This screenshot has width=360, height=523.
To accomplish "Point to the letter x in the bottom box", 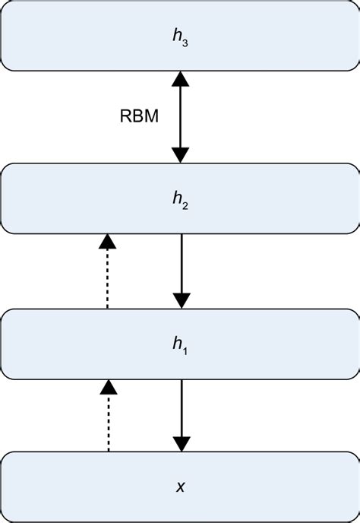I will pos(180,487).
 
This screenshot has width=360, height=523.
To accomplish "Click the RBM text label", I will pos(140,117).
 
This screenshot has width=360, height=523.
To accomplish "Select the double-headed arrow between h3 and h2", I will pos(180,117).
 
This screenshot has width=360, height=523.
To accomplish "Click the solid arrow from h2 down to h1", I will pos(180,270).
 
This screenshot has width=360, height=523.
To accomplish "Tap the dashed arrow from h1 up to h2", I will pos(108,274).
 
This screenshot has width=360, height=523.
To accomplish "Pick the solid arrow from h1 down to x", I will pos(180,415).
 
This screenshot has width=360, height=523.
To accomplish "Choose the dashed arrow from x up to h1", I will pos(108,418).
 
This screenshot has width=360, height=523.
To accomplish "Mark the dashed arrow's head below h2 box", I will pos(108,242).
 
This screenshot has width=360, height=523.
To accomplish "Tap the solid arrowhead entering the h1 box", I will pos(180,300).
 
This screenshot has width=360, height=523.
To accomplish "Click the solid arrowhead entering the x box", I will pos(180,444).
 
